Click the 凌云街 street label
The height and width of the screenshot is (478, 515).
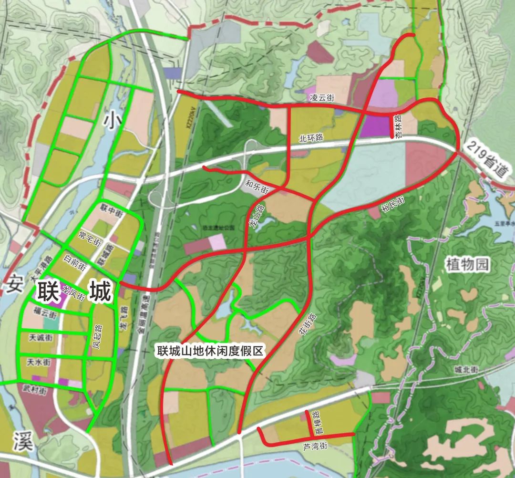coord(322,97)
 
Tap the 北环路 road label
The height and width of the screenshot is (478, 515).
coord(311,138)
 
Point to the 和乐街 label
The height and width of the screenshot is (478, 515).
coord(257,186)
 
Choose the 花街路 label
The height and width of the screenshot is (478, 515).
coord(307,326)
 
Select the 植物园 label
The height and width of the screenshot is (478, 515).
coord(468,263)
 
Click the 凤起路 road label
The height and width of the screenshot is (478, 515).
coord(98,336)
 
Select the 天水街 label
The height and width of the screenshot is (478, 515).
coord(39,363)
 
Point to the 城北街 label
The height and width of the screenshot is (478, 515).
coord(465,370)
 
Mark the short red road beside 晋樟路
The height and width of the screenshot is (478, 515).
coord(308,422)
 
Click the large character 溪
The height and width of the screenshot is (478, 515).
coord(22,441)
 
